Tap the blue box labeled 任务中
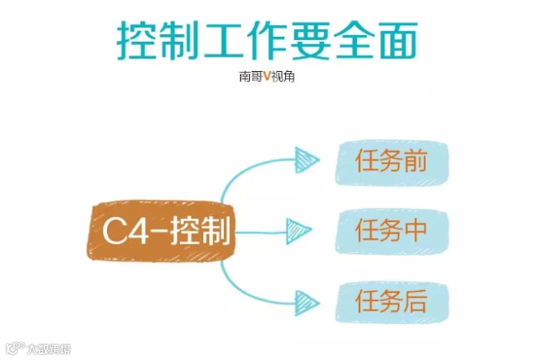click(392, 231)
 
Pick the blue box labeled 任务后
click(392, 302)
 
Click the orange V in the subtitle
click(267, 76)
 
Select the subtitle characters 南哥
click(250, 76)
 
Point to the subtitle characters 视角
click(284, 76)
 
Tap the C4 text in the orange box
click(123, 231)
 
